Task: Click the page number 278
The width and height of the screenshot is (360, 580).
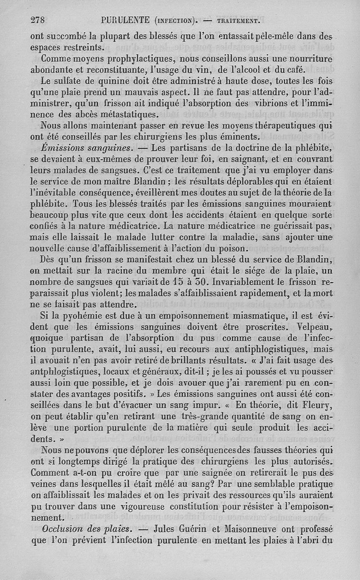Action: pyautogui.click(x=39, y=19)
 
